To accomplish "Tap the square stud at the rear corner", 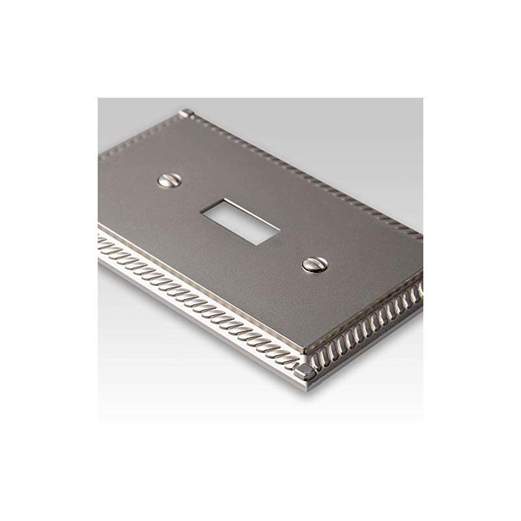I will (188, 115).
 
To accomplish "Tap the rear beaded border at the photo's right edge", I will (417, 238).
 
